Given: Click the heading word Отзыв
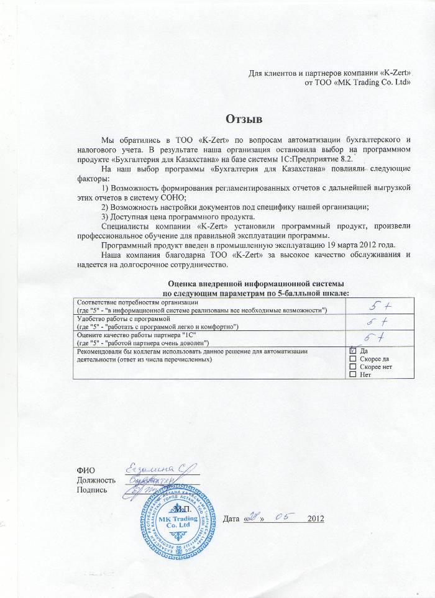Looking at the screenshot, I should (244, 118).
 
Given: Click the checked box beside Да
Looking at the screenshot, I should (354, 351).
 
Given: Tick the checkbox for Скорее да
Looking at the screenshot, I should (354, 359).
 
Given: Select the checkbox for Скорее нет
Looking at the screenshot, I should (354, 367).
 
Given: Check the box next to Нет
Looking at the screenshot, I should (354, 375).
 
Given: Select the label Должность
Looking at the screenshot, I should (96, 480).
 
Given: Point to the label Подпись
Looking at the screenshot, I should (91, 490).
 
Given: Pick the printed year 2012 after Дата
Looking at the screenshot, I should (316, 519).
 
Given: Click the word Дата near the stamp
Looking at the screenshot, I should (231, 519).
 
